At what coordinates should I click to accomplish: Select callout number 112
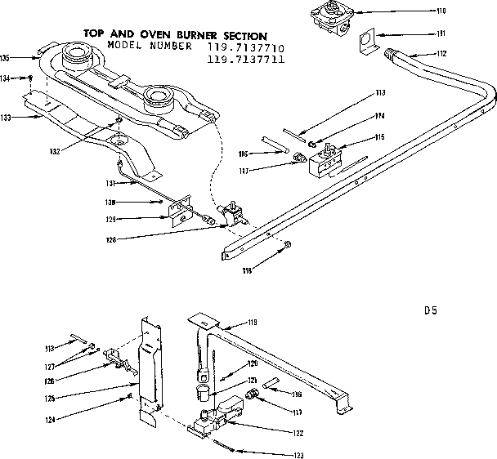point(441,54)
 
